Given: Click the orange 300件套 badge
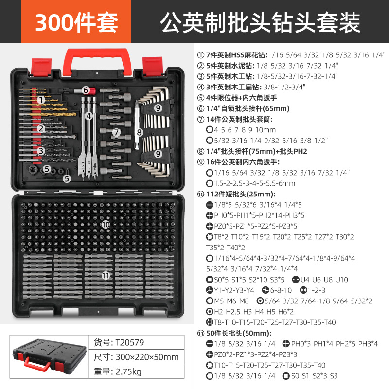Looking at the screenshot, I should tap(76, 21).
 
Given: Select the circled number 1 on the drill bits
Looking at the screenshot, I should tap(41, 100).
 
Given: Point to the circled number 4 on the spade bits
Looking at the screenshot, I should tap(88, 116).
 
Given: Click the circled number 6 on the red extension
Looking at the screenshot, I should tap(86, 90).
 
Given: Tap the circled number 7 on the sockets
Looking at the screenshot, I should tap(116, 132).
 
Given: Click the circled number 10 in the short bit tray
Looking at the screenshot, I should tap(106, 224).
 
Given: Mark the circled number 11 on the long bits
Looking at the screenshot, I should tap(106, 275).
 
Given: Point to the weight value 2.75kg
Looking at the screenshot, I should tap(129, 372).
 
